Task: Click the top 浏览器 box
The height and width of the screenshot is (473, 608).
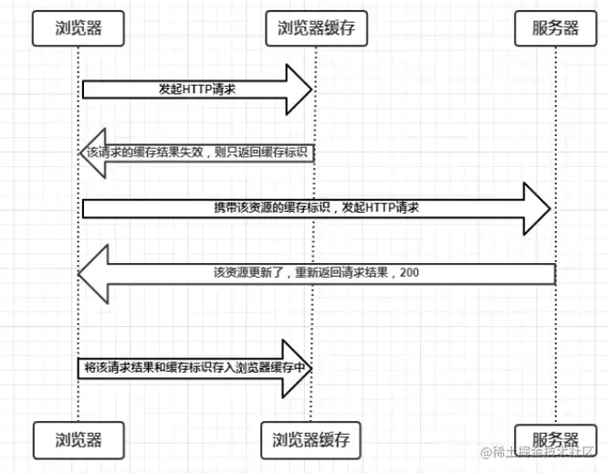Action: click(x=77, y=28)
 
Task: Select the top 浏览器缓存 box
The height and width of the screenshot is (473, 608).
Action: click(x=315, y=28)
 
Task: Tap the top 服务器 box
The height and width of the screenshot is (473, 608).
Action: click(x=556, y=28)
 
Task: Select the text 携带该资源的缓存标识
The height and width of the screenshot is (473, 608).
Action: click(x=264, y=208)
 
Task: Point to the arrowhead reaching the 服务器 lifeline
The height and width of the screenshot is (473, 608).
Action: click(x=539, y=208)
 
